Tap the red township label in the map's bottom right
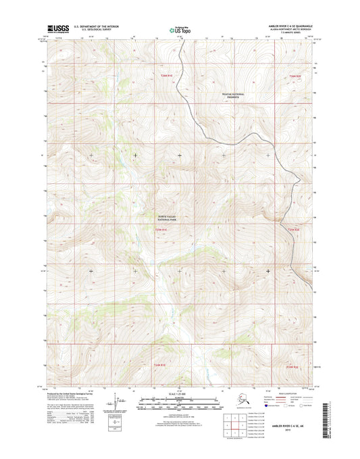293,366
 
